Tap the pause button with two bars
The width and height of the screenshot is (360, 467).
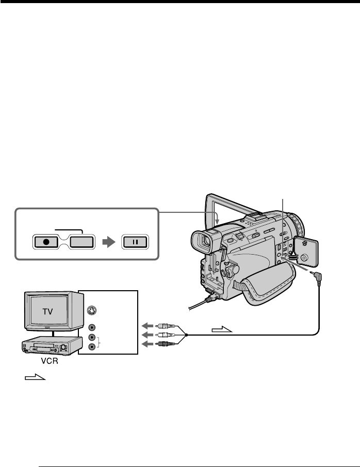click(134, 241)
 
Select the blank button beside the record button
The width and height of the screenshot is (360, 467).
click(82, 241)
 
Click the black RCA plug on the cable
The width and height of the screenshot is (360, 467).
click(167, 343)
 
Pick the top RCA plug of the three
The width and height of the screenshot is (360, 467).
click(167, 326)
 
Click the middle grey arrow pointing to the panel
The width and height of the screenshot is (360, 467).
click(148, 335)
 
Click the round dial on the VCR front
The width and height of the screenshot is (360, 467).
click(65, 348)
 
